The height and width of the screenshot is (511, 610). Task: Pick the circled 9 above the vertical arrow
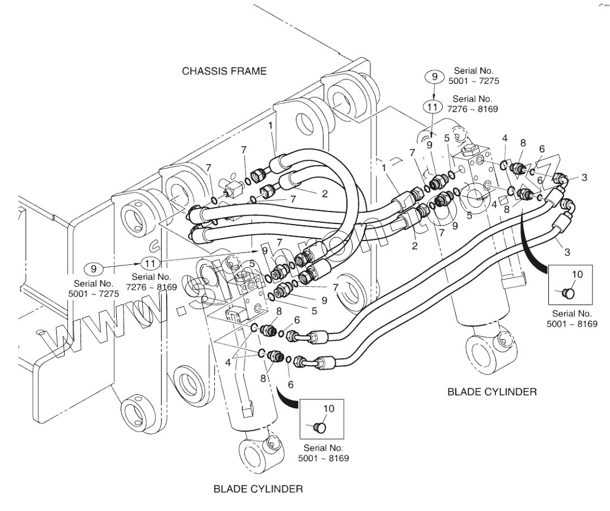point(434,76)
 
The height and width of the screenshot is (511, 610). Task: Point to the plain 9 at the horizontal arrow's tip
point(263,250)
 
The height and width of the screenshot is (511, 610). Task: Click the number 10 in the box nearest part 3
point(576,274)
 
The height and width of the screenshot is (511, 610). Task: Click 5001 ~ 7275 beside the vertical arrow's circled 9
point(473,81)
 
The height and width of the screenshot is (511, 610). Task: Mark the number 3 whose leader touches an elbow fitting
point(584,178)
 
